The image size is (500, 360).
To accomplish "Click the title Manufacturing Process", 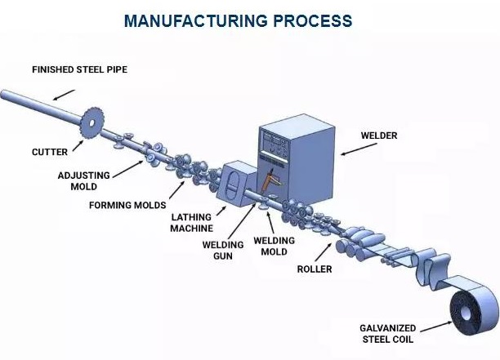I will coord(250,20).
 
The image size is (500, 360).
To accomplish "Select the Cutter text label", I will coord(48,151).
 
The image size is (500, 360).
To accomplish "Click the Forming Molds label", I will coord(127,205).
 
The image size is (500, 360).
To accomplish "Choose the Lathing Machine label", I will coord(192,224).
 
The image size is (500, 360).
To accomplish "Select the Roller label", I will coord(315,269).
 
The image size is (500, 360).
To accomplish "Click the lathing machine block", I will coord(237,188).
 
